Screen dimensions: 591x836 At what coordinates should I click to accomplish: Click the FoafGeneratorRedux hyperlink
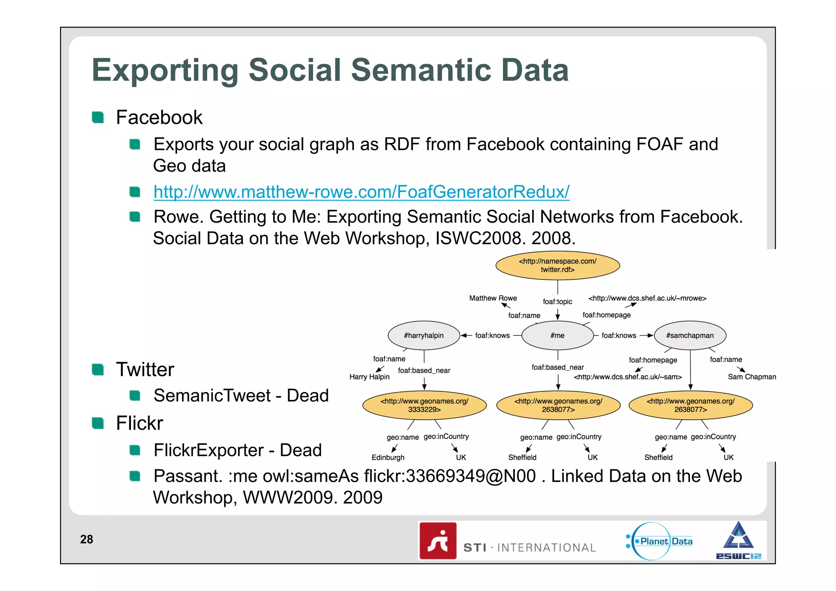(x=361, y=192)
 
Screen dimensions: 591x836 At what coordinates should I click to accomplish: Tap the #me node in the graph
(x=557, y=335)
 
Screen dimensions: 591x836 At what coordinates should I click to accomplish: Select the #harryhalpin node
(x=424, y=335)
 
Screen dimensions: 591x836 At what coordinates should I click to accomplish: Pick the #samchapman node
(x=690, y=335)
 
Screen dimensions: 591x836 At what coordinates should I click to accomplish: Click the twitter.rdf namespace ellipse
(x=558, y=265)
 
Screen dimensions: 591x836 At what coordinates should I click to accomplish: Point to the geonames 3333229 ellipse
(x=424, y=405)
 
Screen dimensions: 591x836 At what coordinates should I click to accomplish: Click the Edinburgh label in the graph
(x=388, y=457)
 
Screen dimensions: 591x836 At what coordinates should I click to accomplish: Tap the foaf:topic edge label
(x=557, y=302)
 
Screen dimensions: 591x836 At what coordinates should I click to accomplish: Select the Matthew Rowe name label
(x=493, y=298)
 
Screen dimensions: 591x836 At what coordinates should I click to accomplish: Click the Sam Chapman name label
(x=752, y=377)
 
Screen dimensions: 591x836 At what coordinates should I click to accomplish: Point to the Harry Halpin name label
(x=369, y=377)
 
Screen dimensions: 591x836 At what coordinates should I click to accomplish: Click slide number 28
(x=87, y=540)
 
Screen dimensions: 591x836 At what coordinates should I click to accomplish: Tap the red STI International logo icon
(x=438, y=541)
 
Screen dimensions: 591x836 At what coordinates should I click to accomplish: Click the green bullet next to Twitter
(x=98, y=370)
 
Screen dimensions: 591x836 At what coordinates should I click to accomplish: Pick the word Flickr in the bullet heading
(x=139, y=423)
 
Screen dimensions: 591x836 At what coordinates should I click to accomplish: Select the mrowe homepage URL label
(x=647, y=298)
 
